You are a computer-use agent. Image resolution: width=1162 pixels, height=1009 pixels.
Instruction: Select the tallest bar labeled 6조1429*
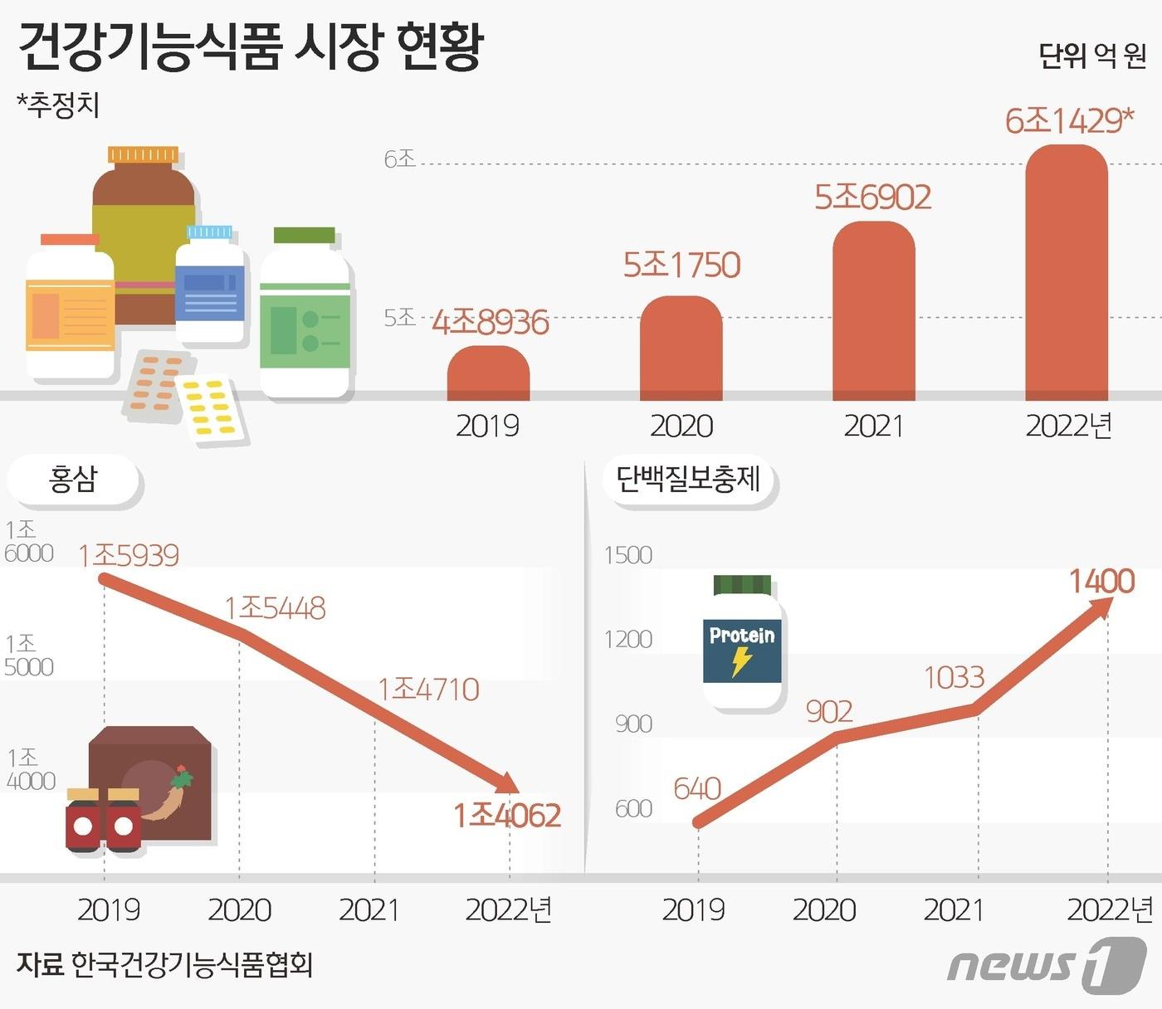click(x=1067, y=274)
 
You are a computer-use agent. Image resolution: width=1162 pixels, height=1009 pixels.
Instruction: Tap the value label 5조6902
click(x=872, y=197)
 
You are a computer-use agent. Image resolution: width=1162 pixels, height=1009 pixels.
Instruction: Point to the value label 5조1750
click(x=681, y=266)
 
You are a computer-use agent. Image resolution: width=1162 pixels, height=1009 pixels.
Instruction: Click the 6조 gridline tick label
click(x=399, y=158)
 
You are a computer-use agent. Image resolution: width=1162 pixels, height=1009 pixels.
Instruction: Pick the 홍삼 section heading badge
click(x=73, y=480)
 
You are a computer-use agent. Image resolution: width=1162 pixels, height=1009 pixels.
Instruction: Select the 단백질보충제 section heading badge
click(x=688, y=480)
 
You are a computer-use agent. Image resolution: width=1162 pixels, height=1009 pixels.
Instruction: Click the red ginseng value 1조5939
click(x=129, y=555)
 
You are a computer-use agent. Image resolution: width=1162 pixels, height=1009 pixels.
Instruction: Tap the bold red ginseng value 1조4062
click(x=506, y=816)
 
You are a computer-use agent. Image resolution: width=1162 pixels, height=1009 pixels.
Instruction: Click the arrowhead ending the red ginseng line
click(x=508, y=782)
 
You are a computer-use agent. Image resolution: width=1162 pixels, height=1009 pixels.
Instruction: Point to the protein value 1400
click(x=1101, y=582)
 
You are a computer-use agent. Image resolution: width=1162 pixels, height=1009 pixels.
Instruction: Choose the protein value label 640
click(x=696, y=788)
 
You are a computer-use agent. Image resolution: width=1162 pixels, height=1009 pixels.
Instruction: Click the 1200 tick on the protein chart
click(x=627, y=640)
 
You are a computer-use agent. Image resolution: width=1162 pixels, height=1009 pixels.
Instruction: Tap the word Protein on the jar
click(x=741, y=636)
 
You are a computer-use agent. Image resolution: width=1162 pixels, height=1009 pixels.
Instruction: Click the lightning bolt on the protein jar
click(x=741, y=661)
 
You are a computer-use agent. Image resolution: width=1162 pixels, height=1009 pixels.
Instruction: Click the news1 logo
click(x=1046, y=966)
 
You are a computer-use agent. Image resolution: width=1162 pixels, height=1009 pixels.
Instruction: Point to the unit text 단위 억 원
click(x=1091, y=56)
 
